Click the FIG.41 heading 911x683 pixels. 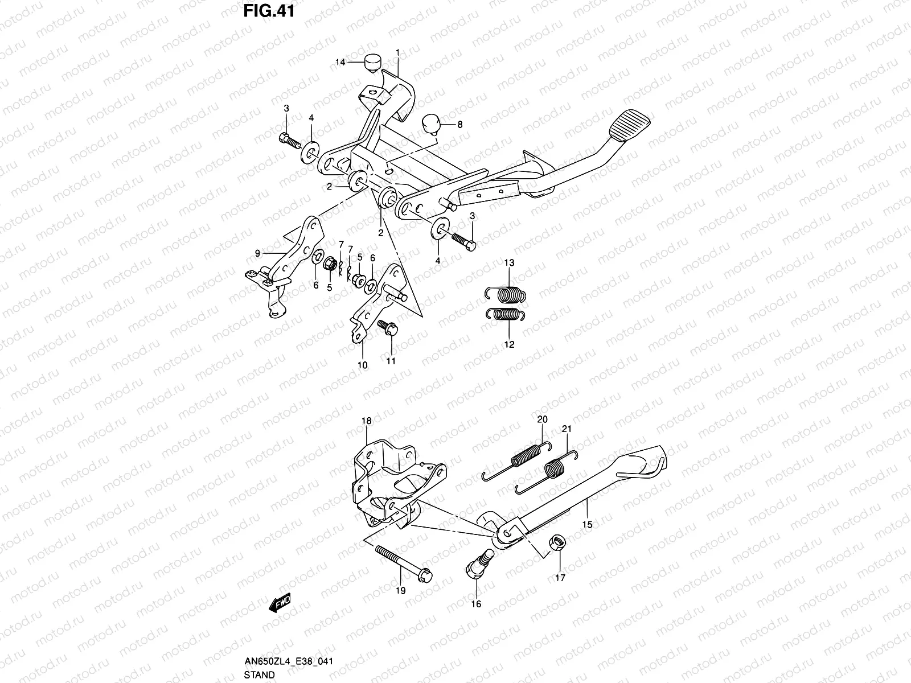(269, 11)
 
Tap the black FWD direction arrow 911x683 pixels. (280, 603)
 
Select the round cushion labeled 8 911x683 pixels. (431, 125)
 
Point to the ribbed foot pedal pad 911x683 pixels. (629, 125)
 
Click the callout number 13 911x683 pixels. (509, 262)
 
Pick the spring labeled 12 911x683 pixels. (505, 314)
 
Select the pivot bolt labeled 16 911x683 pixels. (481, 563)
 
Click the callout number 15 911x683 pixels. (587, 525)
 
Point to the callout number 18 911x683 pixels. (367, 421)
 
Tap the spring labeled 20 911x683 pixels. (517, 461)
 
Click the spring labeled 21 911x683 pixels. (546, 472)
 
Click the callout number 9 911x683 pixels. (257, 253)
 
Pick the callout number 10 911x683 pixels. (362, 365)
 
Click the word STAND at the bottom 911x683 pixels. (260, 674)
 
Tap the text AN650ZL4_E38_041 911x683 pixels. (289, 661)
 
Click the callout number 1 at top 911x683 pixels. (397, 53)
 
